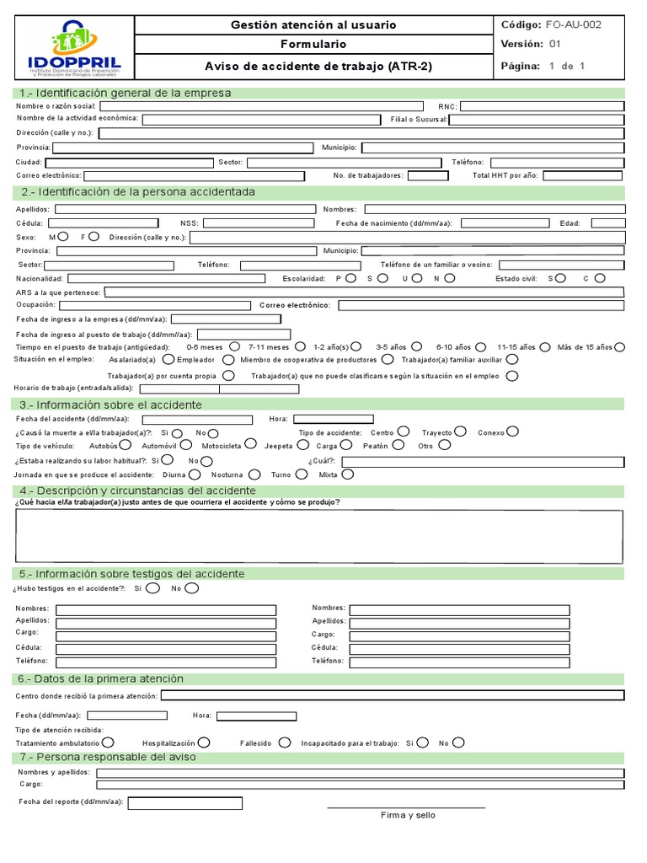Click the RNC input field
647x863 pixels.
coord(542,106)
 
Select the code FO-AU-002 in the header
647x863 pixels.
coord(574,25)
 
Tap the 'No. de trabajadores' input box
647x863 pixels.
coord(428,176)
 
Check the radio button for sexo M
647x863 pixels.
coord(64,237)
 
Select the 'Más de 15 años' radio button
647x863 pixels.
coord(620,346)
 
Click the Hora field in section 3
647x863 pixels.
coord(333,419)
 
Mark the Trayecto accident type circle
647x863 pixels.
coord(461,431)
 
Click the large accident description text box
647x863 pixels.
coord(319,536)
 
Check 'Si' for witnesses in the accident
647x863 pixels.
coord(152,588)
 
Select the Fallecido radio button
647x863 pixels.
coord(285,742)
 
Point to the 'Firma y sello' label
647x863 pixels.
coord(408,815)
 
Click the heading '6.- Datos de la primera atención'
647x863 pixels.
coord(100,678)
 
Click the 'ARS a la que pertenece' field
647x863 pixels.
coord(364,292)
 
